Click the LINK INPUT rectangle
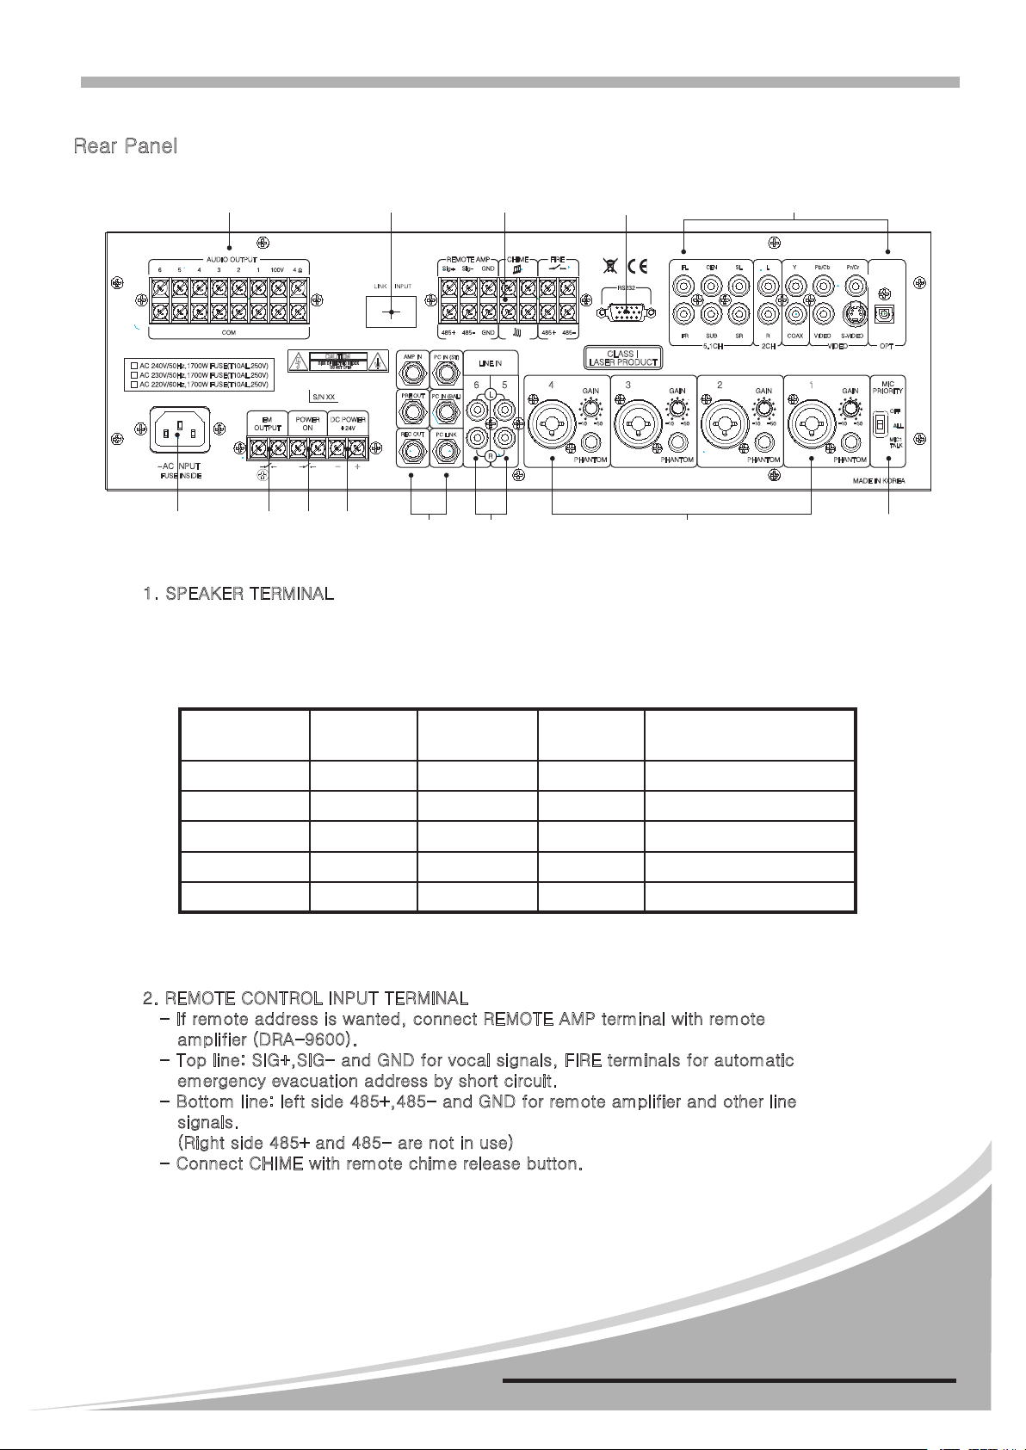pyautogui.click(x=391, y=312)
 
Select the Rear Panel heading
pyautogui.click(x=126, y=145)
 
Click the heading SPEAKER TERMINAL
pyautogui.click(x=239, y=595)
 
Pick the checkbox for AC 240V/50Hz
pyautogui.click(x=133, y=365)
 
